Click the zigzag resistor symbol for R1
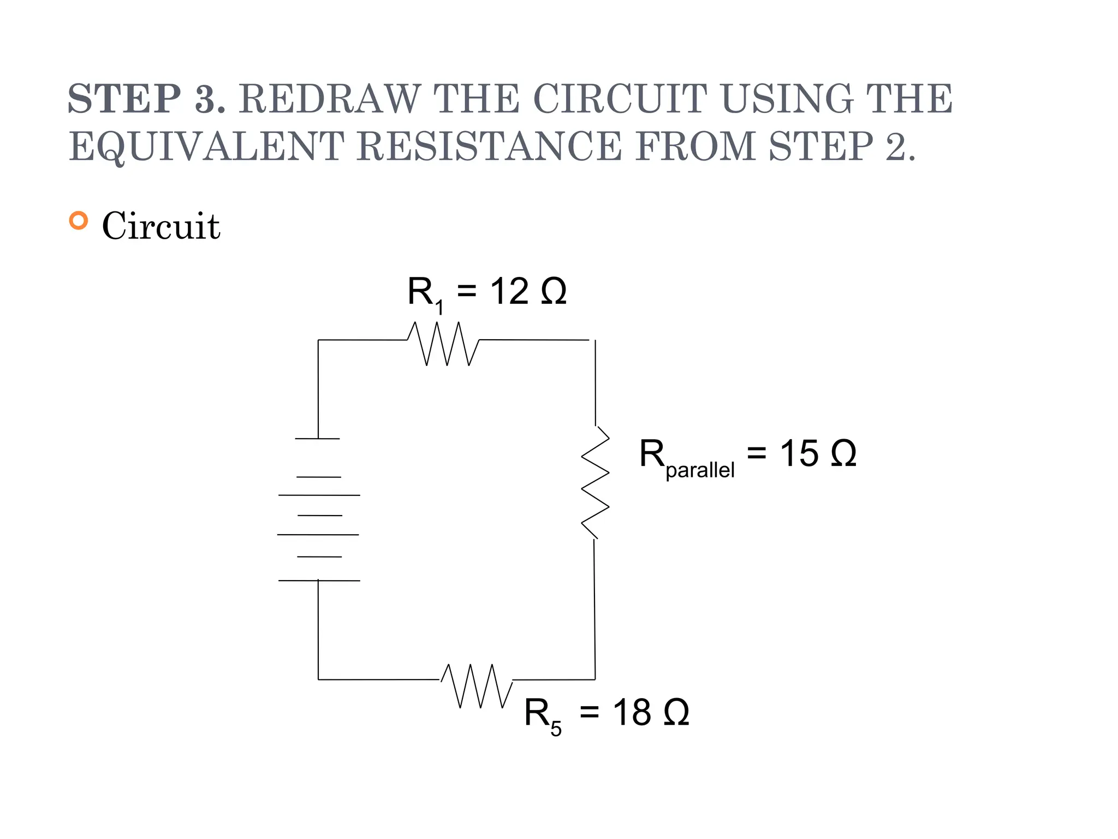[443, 343]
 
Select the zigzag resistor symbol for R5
[477, 686]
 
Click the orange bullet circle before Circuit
[79, 221]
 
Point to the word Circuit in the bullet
[161, 226]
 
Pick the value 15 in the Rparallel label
[799, 453]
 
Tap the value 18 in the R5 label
[632, 712]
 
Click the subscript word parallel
[700, 470]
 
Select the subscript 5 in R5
[556, 729]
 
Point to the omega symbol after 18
[676, 712]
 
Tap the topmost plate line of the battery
[317, 439]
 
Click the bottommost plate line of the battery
[319, 580]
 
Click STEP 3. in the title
[146, 99]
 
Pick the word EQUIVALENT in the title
[206, 146]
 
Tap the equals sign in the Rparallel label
[757, 452]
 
